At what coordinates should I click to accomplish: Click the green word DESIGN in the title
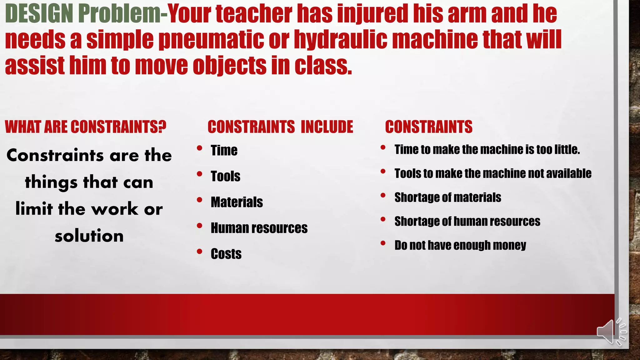point(39,14)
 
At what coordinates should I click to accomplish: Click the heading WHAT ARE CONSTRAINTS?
point(85,127)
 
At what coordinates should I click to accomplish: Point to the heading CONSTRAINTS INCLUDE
point(280,127)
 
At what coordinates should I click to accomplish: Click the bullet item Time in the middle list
point(224,150)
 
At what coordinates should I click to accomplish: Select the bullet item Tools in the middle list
point(225,176)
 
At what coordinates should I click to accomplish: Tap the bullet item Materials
point(237,202)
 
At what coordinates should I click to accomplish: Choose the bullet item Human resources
point(259,228)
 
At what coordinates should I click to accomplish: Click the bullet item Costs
point(226,254)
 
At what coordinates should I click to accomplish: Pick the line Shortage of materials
point(447,197)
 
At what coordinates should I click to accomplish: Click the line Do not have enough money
point(460,245)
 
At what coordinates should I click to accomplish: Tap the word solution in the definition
point(89,236)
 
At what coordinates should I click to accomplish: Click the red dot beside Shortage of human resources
point(383,219)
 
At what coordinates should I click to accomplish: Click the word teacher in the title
point(254,14)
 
